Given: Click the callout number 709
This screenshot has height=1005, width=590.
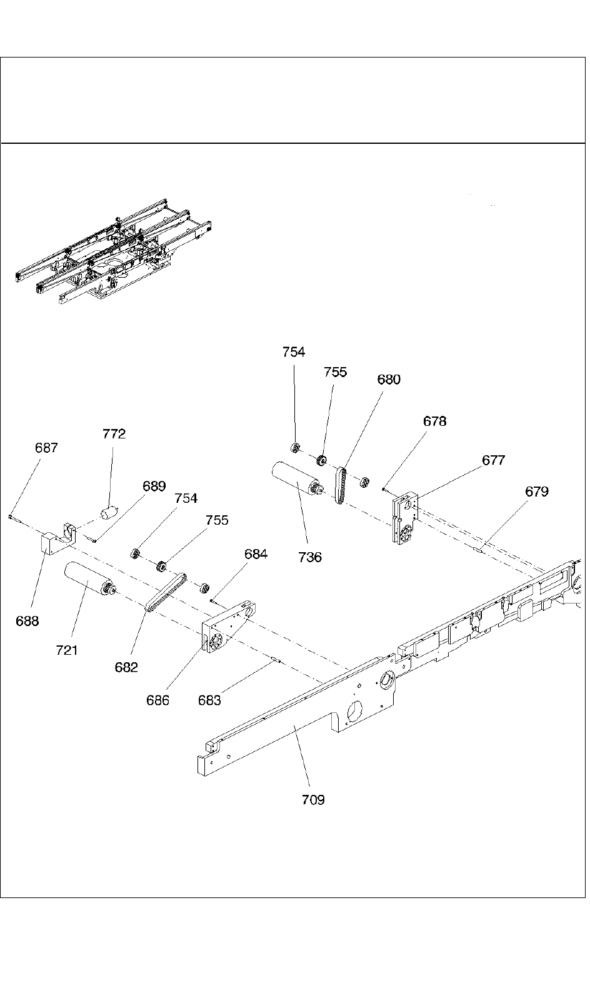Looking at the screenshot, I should (x=313, y=799).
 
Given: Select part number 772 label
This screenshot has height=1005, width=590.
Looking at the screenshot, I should (x=114, y=434).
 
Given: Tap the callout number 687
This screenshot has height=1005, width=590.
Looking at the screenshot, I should (x=46, y=448).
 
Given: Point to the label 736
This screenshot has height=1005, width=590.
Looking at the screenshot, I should (x=310, y=557).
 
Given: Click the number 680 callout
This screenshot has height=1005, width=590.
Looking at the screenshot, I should (x=389, y=380).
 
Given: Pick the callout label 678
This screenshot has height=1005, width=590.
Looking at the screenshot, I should (x=435, y=422).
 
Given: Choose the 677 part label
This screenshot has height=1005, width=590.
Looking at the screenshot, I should (x=493, y=460).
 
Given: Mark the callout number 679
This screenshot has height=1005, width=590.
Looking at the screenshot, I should (x=536, y=492).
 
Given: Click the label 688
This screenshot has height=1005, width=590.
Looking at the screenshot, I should (x=27, y=621).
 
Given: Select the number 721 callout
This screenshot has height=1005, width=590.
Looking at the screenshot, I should (x=67, y=650).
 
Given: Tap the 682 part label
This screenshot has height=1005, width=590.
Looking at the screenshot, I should (x=126, y=667).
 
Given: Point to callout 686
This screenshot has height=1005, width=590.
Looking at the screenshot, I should (x=157, y=700).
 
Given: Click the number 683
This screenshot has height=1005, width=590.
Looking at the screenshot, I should (x=209, y=700).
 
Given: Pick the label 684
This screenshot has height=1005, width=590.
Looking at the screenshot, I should (x=256, y=554).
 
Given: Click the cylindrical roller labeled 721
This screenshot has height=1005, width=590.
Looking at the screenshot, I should (x=85, y=579).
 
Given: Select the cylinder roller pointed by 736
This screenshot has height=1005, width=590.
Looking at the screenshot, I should (x=292, y=478).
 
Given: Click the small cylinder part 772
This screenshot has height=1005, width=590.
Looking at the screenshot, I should (x=109, y=513).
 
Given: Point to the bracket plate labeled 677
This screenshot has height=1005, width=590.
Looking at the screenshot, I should (x=403, y=518).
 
